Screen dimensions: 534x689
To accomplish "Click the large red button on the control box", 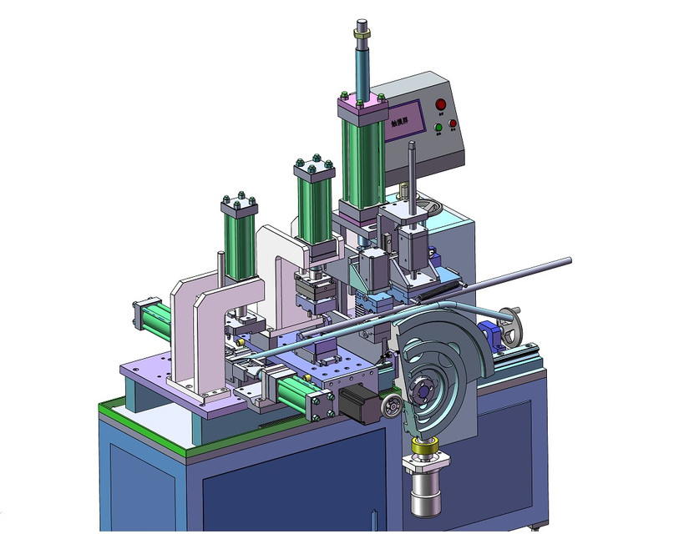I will point(441,104).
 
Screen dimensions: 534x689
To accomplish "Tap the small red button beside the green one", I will point(453,124).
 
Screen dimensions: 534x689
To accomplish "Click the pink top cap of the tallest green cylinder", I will point(362,106).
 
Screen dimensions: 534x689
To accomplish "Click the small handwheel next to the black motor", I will point(388,407).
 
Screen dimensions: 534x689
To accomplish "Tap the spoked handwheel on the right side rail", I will point(511,325).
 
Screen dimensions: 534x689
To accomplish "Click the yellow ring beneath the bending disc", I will point(427,448).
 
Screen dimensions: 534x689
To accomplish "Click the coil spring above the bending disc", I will point(434,292).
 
